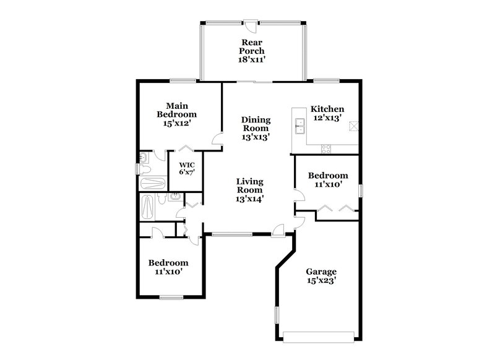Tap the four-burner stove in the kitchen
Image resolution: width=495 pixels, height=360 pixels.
[x=326, y=148]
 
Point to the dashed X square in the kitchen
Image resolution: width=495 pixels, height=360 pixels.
[x=353, y=126]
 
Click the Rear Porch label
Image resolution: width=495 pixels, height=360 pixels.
[x=252, y=47]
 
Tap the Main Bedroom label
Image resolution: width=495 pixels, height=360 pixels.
[x=176, y=110]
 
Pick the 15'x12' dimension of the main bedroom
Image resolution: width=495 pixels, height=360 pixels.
[x=176, y=124]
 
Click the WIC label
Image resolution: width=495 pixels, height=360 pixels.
[x=187, y=165]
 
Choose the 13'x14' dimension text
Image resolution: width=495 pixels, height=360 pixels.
[x=249, y=199]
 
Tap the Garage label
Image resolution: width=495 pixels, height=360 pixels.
[x=321, y=272]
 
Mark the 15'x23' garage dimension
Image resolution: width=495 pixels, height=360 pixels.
[x=321, y=281]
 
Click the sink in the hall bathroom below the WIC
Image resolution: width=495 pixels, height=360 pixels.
[x=175, y=197]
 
